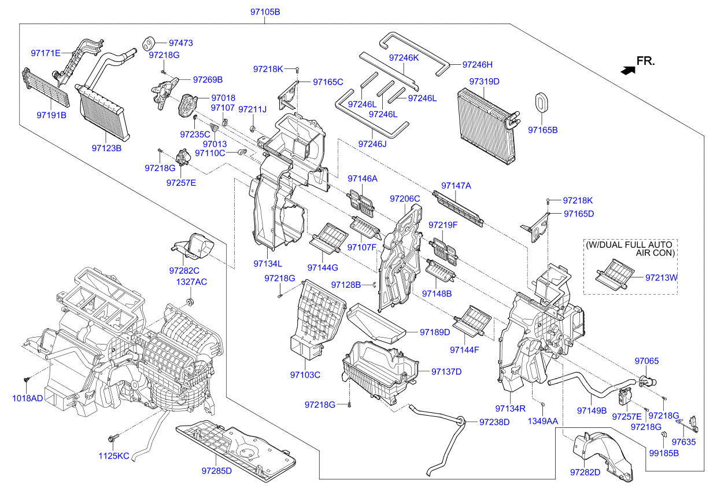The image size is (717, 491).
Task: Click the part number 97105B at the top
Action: pyautogui.click(x=265, y=12)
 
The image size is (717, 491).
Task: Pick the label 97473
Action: pyautogui.click(x=180, y=43)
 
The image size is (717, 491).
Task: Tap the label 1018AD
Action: pyautogui.click(x=28, y=398)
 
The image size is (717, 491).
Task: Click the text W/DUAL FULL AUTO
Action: pyautogui.click(x=630, y=245)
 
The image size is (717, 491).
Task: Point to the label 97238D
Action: pyautogui.click(x=494, y=422)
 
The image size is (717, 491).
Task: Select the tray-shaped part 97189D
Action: pyautogui.click(x=376, y=322)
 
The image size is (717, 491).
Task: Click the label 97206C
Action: pyautogui.click(x=404, y=199)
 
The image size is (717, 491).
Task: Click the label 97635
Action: pyautogui.click(x=683, y=442)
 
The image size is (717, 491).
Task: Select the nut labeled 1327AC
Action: pyautogui.click(x=190, y=302)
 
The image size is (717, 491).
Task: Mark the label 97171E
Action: pyautogui.click(x=46, y=53)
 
